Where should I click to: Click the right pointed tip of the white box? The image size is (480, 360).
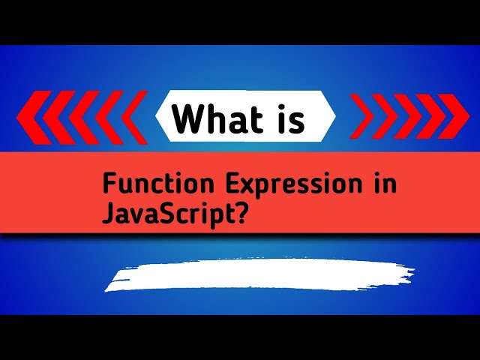coord(334,117)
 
